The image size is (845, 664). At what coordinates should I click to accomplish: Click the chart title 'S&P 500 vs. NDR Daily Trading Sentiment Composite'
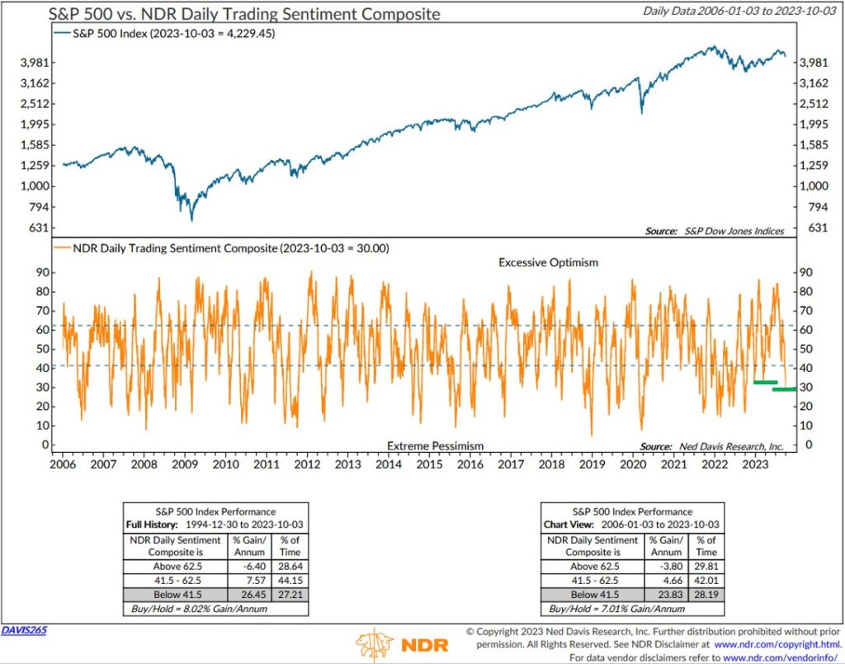pyautogui.click(x=245, y=14)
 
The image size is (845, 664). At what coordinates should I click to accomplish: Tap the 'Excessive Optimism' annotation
pyautogui.click(x=548, y=261)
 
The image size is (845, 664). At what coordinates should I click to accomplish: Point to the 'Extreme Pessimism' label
pyautogui.click(x=435, y=446)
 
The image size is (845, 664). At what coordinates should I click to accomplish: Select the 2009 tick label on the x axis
pyautogui.click(x=185, y=464)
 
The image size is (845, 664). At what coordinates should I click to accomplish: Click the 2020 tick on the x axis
pyautogui.click(x=633, y=464)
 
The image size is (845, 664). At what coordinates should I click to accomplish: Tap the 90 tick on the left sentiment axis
pyautogui.click(x=37, y=272)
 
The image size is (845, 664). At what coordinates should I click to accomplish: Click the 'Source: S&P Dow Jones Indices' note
pyautogui.click(x=714, y=231)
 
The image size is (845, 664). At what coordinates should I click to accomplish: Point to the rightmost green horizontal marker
pyautogui.click(x=784, y=389)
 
